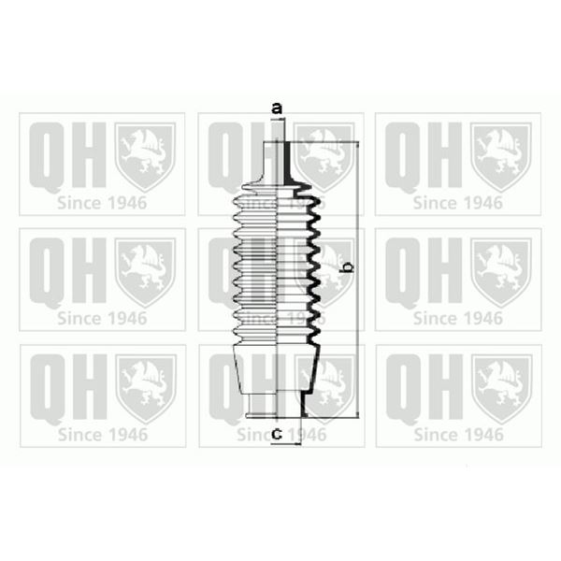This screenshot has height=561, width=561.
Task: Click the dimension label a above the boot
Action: point(276,108)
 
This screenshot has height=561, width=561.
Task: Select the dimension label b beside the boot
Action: point(347,268)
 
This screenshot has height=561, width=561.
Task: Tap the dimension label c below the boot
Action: point(277,433)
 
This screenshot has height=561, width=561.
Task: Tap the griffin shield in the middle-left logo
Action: point(145,271)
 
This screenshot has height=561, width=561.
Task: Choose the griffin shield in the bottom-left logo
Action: point(145,387)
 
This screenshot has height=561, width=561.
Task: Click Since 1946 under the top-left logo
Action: point(102,202)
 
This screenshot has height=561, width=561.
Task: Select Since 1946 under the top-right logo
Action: point(458,202)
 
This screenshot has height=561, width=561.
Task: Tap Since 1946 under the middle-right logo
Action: point(458,318)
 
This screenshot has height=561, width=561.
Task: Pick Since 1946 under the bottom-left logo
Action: point(102,434)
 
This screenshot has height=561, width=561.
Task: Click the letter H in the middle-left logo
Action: point(88,271)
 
